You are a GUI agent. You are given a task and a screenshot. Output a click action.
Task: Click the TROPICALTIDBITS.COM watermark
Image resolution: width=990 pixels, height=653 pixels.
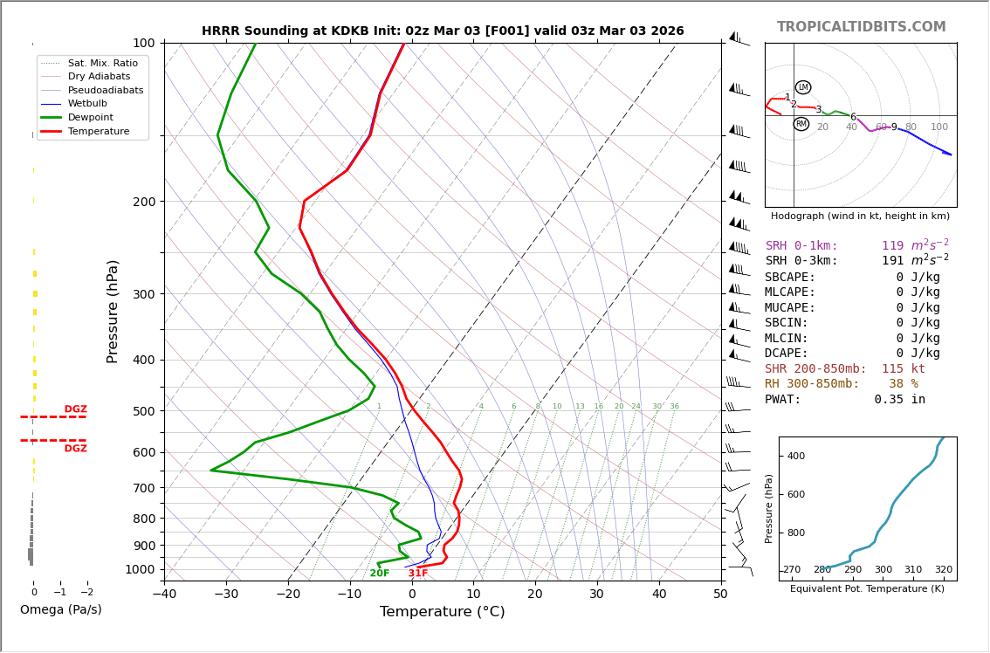[861, 27]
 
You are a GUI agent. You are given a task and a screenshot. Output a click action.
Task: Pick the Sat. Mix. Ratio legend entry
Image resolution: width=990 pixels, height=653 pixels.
[102, 63]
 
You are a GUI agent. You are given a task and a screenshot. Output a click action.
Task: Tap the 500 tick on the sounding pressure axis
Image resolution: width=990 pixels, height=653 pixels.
[144, 411]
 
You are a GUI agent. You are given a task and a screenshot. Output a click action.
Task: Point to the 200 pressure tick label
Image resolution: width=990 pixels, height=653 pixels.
[144, 202]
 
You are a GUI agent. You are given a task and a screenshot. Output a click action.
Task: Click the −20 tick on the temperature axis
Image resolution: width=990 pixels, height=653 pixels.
[288, 595]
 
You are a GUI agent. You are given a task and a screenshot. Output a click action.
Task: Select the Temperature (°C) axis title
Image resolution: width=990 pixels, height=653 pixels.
[442, 612]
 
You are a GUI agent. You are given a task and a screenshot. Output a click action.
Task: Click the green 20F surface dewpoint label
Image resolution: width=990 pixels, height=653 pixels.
[380, 574]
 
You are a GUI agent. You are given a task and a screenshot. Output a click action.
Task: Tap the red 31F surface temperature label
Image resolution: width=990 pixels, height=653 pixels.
[418, 574]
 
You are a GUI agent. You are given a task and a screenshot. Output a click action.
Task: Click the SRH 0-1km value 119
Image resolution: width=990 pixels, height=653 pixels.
[892, 246]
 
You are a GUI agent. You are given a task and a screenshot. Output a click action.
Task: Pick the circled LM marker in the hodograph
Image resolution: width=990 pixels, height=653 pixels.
[803, 87]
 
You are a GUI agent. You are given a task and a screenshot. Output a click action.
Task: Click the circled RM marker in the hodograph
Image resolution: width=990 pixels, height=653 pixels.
[801, 124]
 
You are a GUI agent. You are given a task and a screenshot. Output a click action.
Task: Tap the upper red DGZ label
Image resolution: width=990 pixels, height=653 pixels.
[76, 409]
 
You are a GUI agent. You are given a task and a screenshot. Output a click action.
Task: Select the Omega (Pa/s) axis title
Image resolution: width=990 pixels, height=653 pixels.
[61, 610]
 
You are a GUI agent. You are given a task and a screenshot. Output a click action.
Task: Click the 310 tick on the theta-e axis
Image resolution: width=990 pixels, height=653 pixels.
[913, 570]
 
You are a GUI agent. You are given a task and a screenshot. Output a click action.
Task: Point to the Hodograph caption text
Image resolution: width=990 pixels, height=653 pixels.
[860, 216]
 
